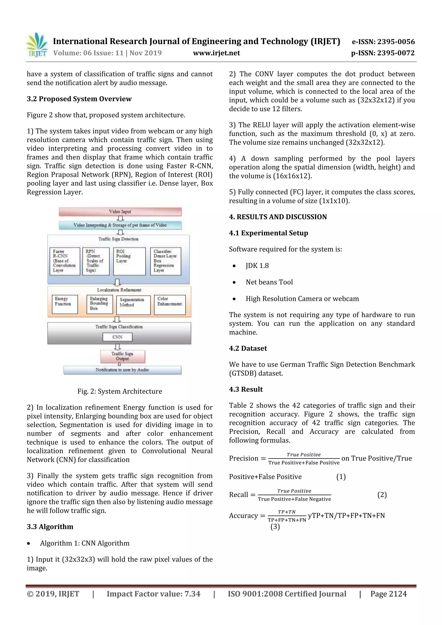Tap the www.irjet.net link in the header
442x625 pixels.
pos(216,53)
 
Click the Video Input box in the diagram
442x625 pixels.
pos(120,211)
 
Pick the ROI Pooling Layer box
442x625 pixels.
pos(129,261)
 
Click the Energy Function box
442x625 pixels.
pos(65,304)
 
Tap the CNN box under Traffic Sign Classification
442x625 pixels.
pos(117,337)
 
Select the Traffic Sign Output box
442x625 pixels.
pos(122,356)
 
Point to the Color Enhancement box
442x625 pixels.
pos(170,304)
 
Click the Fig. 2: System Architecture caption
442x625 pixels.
pos(120,391)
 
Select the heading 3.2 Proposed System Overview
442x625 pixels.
pos(79,99)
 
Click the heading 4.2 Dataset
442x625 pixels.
pos(248,348)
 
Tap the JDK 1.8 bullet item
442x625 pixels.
pos(257,266)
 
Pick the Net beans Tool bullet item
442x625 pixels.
pos(269,282)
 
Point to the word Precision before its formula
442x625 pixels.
pos(243,458)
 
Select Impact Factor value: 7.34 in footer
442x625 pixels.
pos(153,594)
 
